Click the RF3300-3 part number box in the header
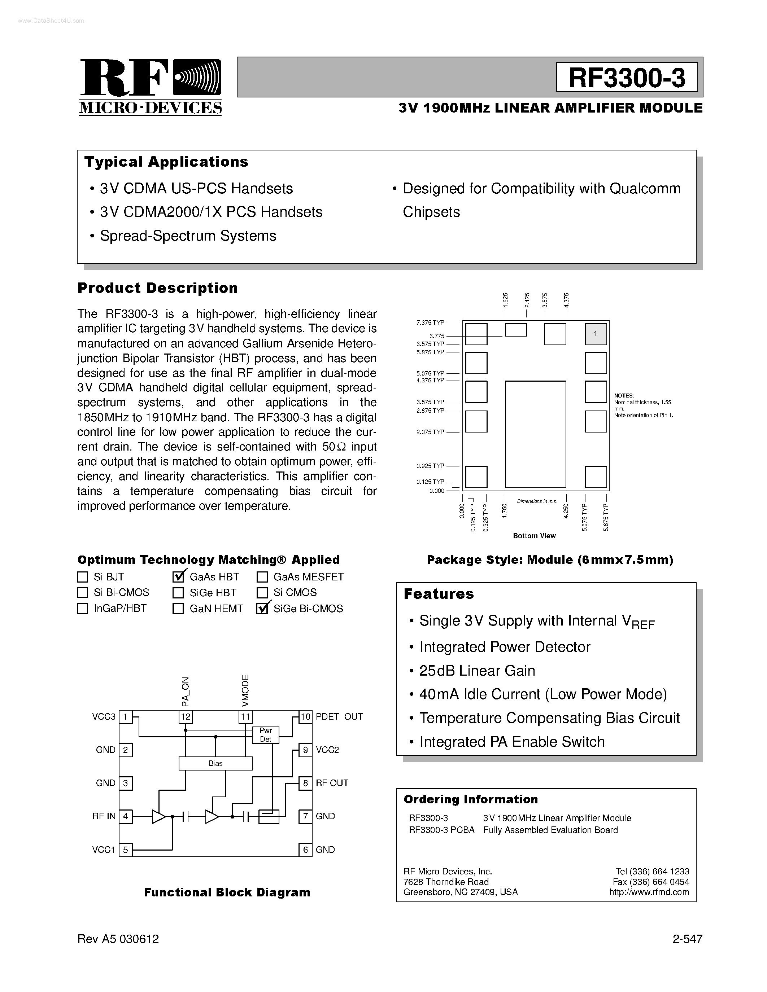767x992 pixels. tap(627, 78)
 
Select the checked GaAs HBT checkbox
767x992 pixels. tap(178, 577)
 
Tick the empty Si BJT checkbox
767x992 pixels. tap(82, 577)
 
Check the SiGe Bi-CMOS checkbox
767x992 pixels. tap(262, 609)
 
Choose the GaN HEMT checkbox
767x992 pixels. tap(178, 609)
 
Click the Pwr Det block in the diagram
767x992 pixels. tap(265, 735)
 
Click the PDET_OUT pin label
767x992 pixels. tap(339, 717)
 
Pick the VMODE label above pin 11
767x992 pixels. tap(245, 690)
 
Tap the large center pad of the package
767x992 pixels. tap(535, 434)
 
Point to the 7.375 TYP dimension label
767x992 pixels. tap(430, 322)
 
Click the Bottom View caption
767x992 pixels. tap(534, 536)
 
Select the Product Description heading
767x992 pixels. tap(158, 288)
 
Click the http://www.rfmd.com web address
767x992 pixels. tap(649, 892)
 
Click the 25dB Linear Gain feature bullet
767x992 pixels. tap(477, 671)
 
